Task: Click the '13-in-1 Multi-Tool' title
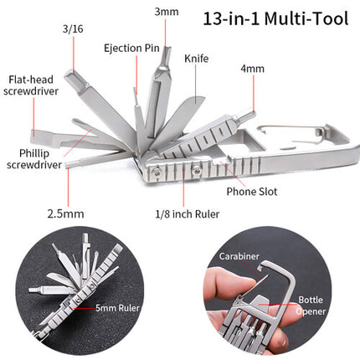tap(275, 18)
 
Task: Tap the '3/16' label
tap(73, 29)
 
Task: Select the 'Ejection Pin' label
tap(131, 49)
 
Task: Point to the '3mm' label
tap(167, 12)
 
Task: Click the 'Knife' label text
tap(197, 59)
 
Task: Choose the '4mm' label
tap(253, 69)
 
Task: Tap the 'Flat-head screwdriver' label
tap(31, 85)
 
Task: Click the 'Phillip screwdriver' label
tap(34, 159)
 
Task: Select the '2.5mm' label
tap(65, 214)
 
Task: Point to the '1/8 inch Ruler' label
tap(188, 214)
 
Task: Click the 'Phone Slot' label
tap(252, 192)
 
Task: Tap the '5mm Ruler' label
tap(117, 308)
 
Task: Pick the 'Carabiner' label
tap(239, 256)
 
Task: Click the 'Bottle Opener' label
tap(311, 306)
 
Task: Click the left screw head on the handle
tap(156, 173)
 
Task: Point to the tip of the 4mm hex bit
tap(254, 113)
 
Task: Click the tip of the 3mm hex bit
tap(167, 49)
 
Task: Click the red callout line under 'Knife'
tap(195, 85)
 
